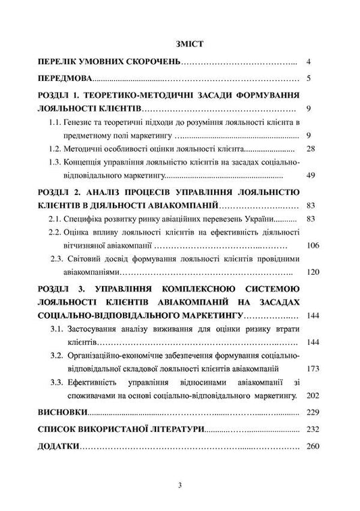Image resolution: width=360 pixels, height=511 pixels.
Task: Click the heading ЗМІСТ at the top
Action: click(180, 43)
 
